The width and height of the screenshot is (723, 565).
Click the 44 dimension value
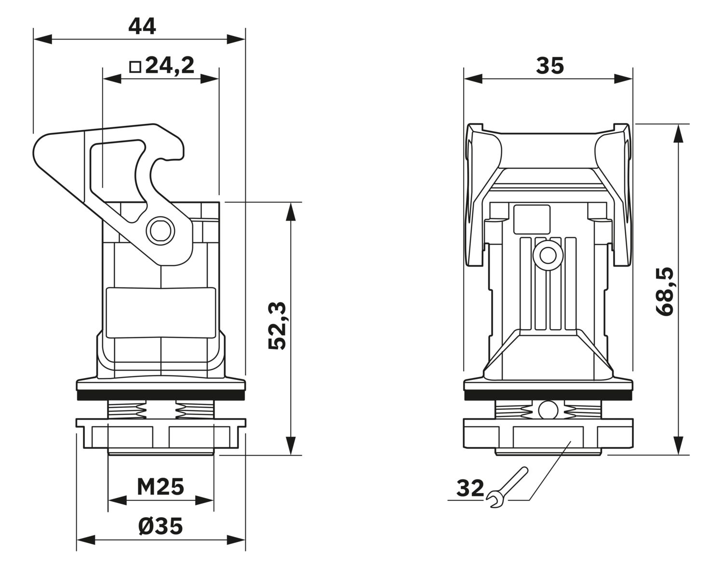point(142,27)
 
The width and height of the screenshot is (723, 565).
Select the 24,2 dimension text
point(170,66)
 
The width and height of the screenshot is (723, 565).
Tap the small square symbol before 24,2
point(135,67)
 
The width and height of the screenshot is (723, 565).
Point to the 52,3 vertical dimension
point(277,325)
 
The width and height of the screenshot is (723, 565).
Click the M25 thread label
point(161,487)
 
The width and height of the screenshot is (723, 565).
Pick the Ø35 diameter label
point(161,526)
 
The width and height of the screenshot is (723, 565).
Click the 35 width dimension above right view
point(550,66)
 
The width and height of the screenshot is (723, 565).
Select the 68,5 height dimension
point(665,292)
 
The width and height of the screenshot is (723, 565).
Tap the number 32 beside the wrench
point(470,488)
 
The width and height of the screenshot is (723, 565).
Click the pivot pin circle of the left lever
point(161,230)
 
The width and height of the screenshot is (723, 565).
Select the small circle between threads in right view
point(548,410)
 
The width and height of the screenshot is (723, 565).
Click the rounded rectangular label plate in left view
point(161,313)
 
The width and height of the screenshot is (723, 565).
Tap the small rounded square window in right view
point(532,219)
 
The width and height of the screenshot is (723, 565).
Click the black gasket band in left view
point(161,395)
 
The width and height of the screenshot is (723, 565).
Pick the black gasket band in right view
point(548,395)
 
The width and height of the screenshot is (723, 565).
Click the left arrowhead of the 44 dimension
point(42,39)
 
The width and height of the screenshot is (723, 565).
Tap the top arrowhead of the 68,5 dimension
point(679,134)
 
